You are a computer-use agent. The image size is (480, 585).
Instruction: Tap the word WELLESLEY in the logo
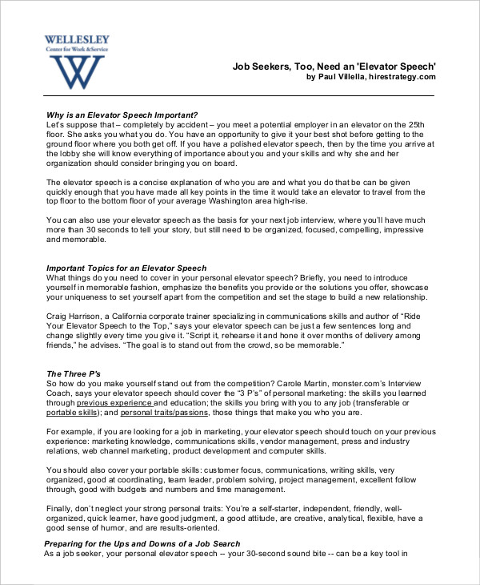(x=77, y=39)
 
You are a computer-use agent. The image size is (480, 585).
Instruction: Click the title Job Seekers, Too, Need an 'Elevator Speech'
(x=334, y=66)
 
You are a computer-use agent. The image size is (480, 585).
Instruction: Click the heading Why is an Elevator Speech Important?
(x=122, y=115)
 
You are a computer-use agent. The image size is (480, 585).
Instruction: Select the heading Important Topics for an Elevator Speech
(x=126, y=268)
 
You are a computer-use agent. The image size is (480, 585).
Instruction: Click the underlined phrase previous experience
(x=122, y=403)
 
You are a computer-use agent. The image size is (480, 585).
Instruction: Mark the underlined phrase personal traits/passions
(x=165, y=413)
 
